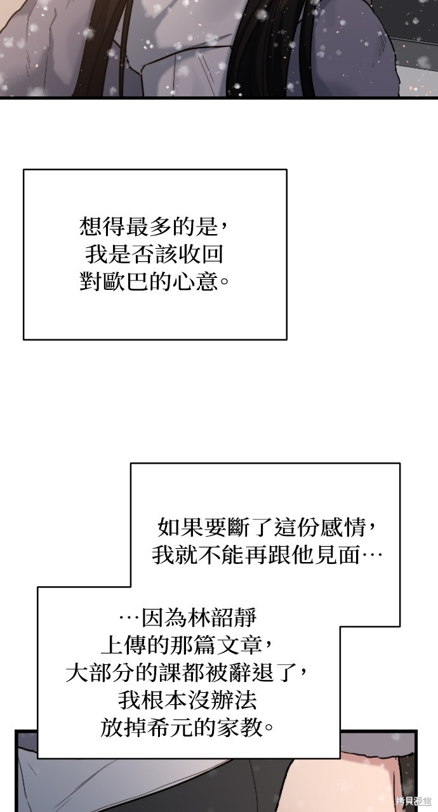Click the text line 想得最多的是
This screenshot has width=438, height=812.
149,227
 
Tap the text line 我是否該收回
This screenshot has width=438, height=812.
154,254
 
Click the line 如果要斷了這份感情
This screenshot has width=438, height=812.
262,527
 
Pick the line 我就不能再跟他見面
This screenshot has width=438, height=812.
256,555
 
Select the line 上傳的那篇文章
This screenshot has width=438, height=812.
182,645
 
